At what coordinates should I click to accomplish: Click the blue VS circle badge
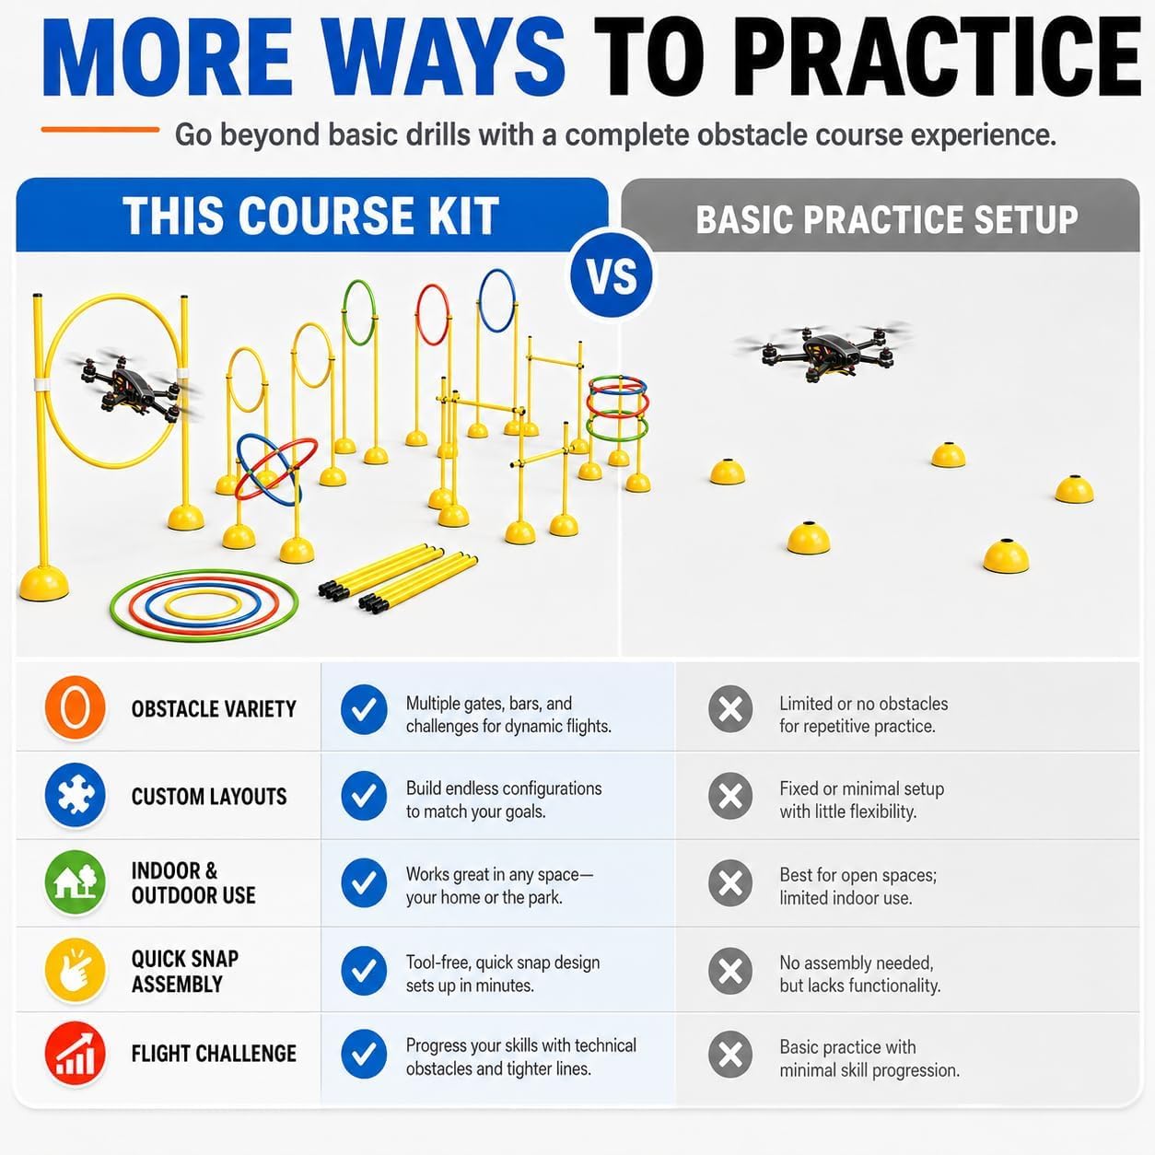point(611,275)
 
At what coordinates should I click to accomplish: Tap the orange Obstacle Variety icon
point(75,708)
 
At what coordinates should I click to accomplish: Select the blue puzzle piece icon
point(75,796)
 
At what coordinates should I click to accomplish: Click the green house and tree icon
point(75,882)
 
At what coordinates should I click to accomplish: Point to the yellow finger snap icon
point(75,970)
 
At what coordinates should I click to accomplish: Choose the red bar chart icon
point(75,1054)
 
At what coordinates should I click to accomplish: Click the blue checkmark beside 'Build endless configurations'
point(364,796)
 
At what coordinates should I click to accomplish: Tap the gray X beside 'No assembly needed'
point(730,971)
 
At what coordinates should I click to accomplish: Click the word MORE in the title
point(168,57)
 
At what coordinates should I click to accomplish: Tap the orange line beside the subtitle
point(100,130)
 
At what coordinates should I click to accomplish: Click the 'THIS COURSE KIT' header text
point(310,216)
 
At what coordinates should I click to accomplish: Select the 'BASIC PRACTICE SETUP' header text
point(886,219)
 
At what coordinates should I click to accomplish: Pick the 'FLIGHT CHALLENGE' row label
point(214,1054)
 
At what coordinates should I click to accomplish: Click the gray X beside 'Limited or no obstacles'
point(730,709)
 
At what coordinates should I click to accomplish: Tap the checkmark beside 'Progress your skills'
point(364,1054)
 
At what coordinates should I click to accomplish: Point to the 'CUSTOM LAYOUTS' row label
point(209,797)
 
